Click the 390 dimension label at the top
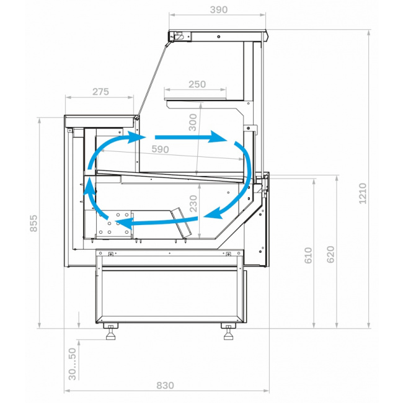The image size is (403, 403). [219, 10]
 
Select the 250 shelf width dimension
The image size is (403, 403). [197, 84]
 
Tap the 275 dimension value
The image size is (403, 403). [100, 92]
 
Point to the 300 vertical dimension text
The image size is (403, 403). [193, 122]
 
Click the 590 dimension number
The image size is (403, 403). [160, 149]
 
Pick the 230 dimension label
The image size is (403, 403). [193, 203]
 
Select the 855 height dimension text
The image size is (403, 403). [33, 223]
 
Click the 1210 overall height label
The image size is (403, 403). [363, 193]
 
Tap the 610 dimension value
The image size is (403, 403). [308, 255]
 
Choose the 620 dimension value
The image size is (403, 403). [331, 254]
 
